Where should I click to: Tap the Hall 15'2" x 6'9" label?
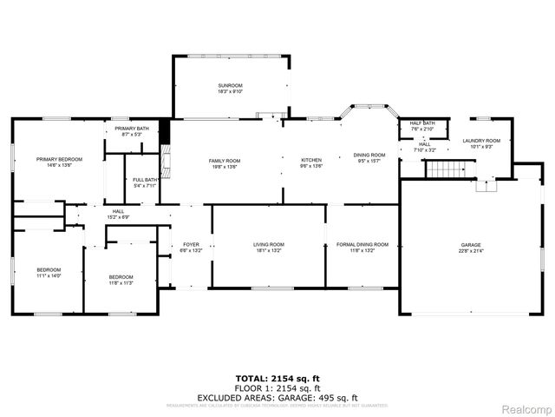[117, 214]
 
